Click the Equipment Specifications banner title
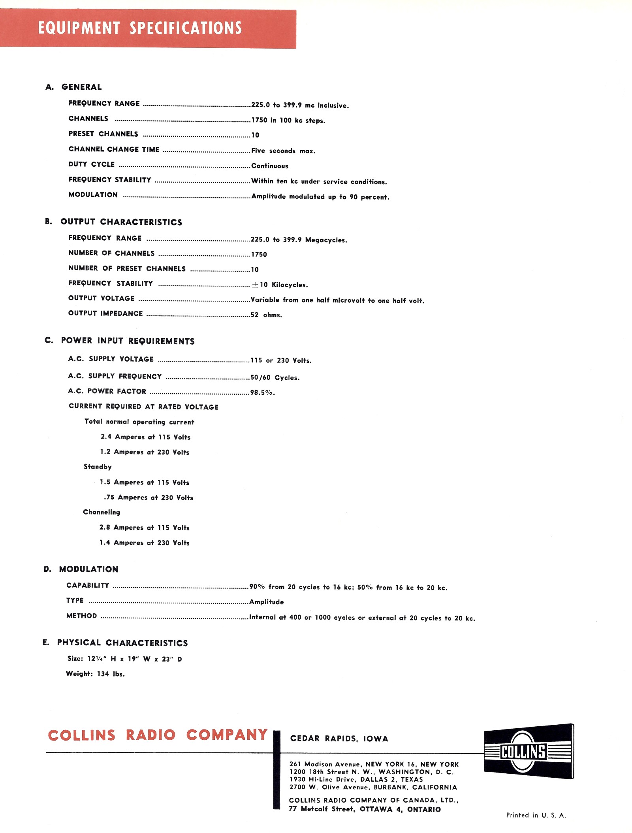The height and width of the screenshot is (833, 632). (140, 28)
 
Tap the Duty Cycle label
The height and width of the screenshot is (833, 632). (92, 164)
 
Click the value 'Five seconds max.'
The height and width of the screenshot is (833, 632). (283, 151)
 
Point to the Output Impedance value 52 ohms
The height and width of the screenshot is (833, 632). (266, 315)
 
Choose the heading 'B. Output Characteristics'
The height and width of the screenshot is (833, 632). (113, 222)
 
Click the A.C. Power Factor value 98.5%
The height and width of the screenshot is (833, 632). (262, 392)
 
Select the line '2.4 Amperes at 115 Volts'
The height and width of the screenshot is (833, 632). (145, 437)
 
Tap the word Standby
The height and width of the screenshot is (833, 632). (98, 467)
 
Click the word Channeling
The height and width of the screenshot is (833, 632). (102, 512)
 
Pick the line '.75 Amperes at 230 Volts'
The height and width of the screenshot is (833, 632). (149, 498)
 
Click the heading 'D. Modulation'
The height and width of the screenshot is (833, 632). (81, 569)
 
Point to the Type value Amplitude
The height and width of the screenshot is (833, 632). (267, 602)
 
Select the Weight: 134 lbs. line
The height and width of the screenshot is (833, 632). (95, 674)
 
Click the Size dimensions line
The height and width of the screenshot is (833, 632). (124, 659)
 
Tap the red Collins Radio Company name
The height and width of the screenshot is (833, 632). (158, 735)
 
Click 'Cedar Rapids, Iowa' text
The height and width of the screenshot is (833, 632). (339, 739)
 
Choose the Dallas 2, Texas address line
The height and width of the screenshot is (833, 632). (356, 779)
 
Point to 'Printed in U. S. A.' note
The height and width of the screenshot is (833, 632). (536, 815)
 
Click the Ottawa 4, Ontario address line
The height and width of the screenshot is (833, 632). (365, 809)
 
